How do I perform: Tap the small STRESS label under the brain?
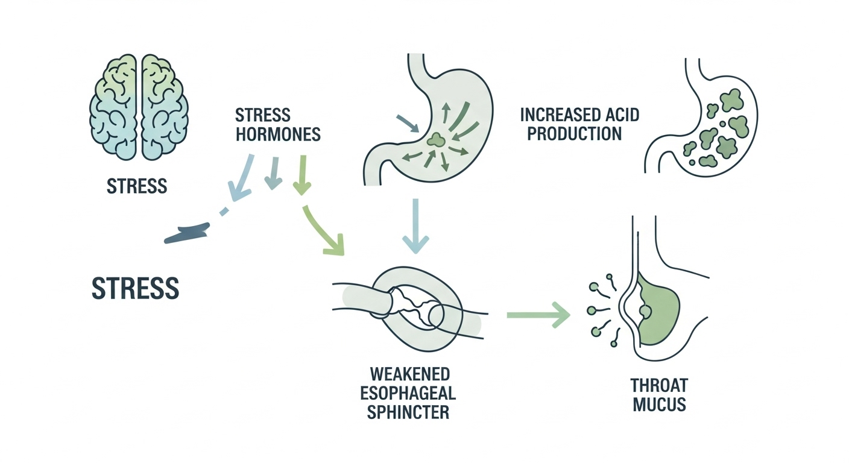point(137,186)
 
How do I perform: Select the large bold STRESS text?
point(135,288)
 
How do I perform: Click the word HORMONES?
point(278,134)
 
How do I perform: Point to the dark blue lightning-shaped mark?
point(188,233)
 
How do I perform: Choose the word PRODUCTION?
point(574,134)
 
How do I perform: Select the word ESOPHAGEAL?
point(408,393)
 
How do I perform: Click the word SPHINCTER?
point(408,413)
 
